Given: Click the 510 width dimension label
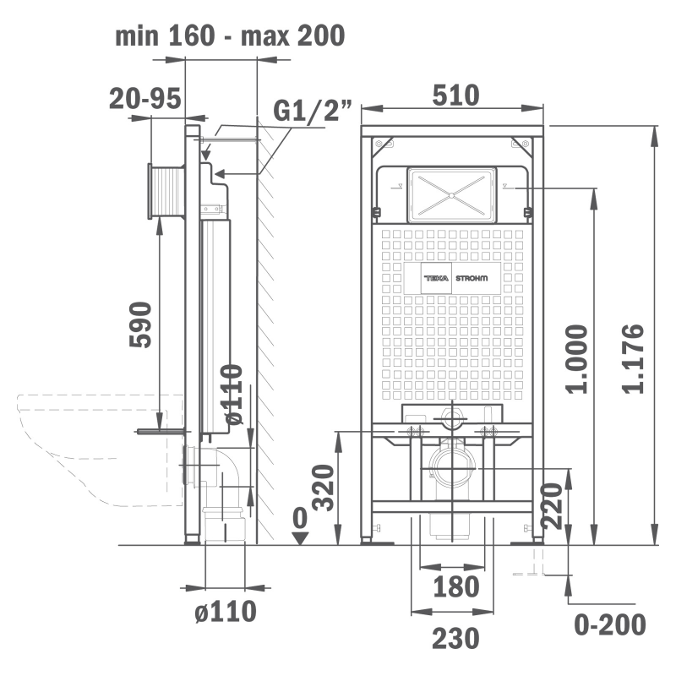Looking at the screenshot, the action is click(455, 95).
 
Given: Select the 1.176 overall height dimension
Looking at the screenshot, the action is click(633, 358).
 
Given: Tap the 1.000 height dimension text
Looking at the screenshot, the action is click(577, 358).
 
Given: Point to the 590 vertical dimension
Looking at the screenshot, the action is click(140, 324).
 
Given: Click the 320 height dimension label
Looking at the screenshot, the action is click(324, 488).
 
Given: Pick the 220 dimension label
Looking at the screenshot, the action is click(552, 505).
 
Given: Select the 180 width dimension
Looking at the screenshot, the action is click(455, 586).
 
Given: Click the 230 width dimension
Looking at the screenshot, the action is click(455, 638).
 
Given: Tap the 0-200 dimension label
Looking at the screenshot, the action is click(610, 624).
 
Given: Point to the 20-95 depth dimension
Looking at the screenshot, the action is click(144, 98).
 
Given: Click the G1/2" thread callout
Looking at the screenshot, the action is click(313, 111).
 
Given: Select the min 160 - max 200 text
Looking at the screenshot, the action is click(230, 35).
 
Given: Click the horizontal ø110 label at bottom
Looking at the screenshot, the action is click(226, 611).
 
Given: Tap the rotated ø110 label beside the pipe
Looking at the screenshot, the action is click(232, 395).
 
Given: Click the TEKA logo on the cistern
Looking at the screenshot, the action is click(436, 278).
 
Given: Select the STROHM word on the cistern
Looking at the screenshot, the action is click(472, 278).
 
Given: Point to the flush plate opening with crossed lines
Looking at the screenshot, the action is click(451, 195).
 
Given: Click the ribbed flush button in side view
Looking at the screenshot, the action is click(166, 192).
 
